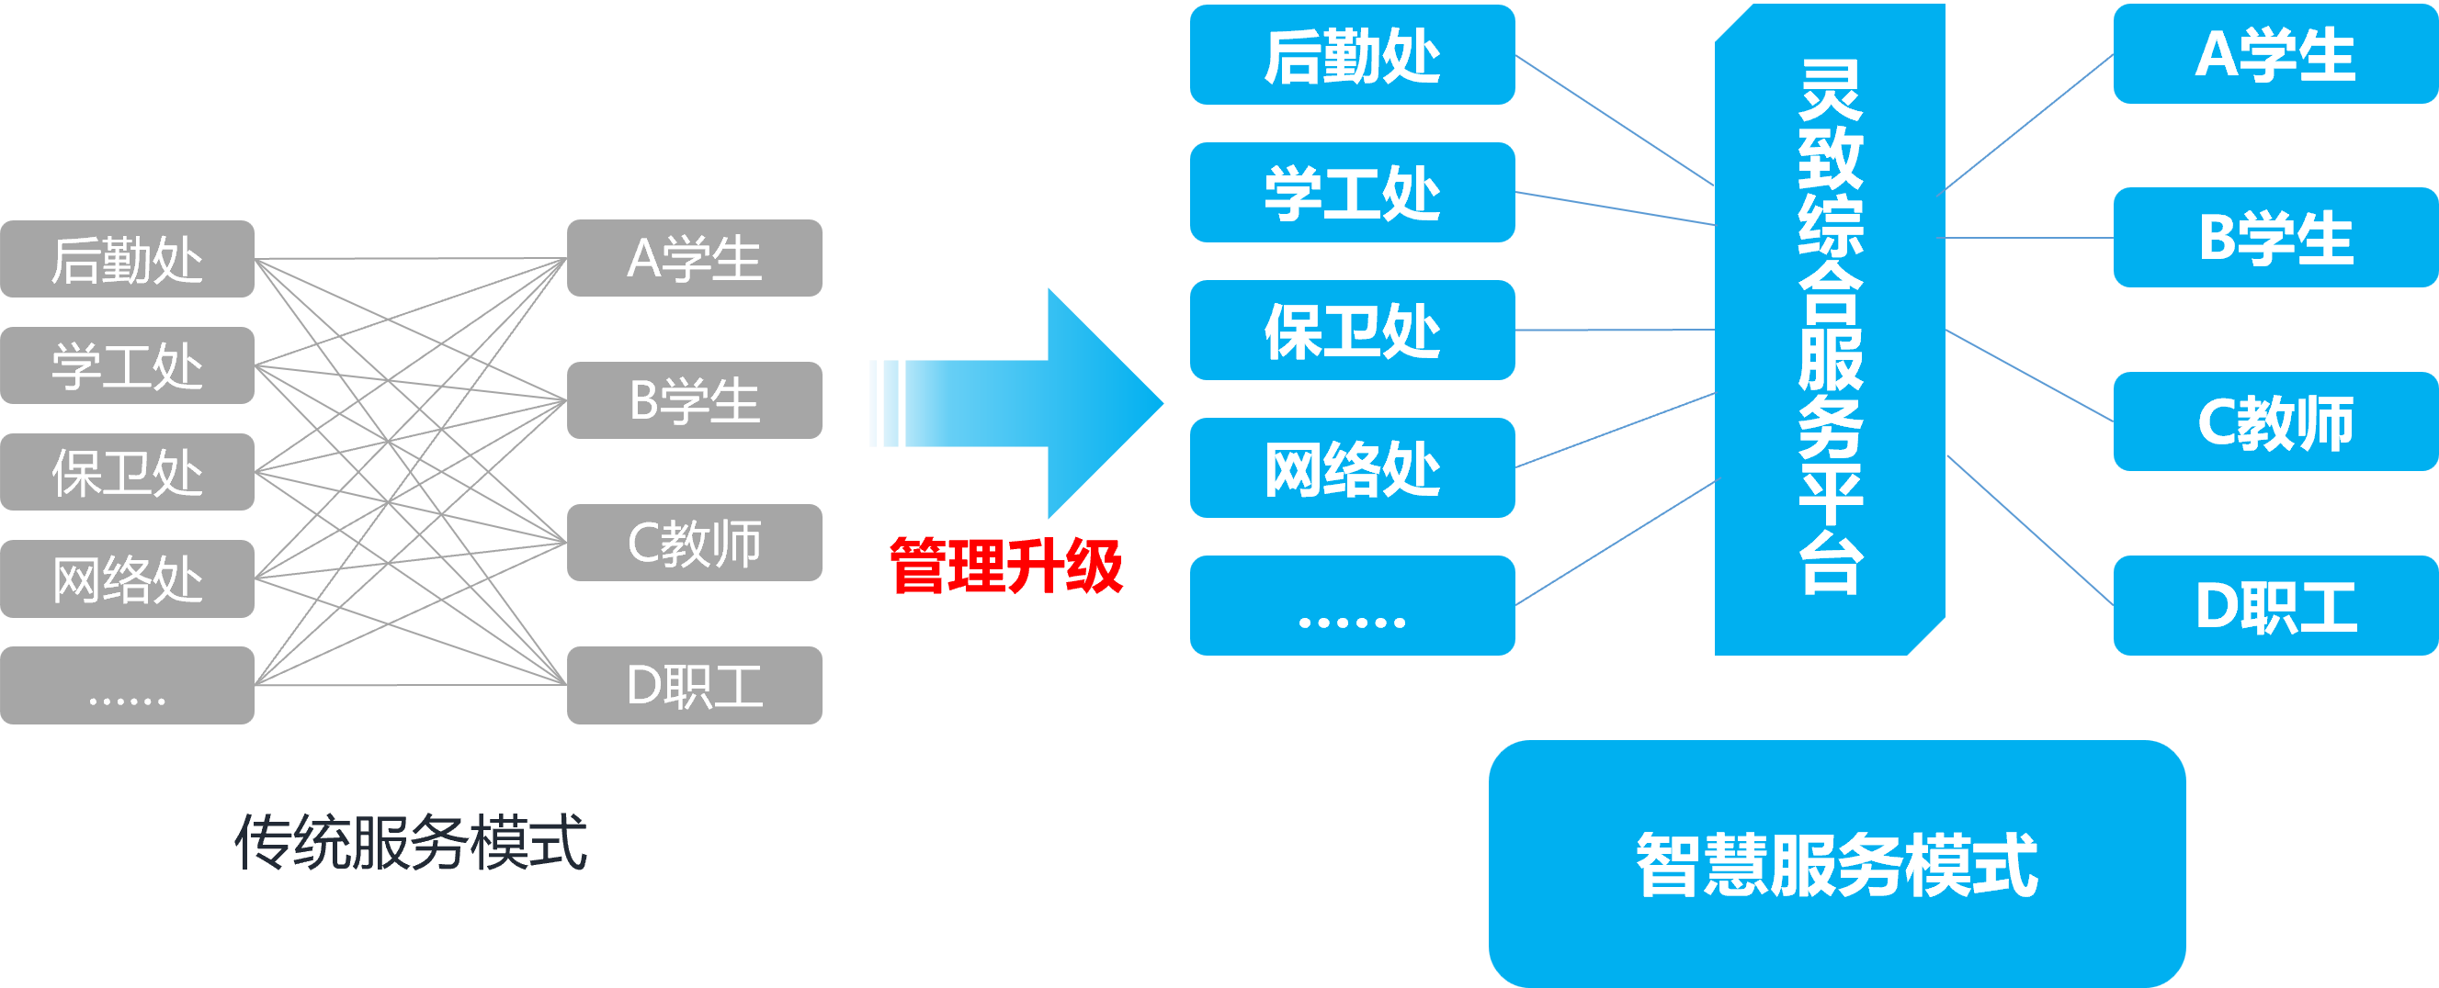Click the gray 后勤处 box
(127, 258)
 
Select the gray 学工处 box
(127, 365)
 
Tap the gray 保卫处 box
(127, 471)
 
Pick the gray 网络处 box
(127, 578)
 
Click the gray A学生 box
(694, 257)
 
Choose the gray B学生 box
(694, 399)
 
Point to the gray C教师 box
(694, 543)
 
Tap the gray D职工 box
(694, 685)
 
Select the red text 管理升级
(1005, 566)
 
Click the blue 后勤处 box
(1351, 55)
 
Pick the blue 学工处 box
(1351, 192)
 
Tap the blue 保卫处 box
(1351, 331)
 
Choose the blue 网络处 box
(1351, 467)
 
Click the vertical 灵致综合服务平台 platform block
(1829, 329)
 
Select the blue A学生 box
(2275, 54)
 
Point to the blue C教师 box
(2275, 421)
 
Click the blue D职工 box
(2275, 606)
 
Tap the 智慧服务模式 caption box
(1836, 863)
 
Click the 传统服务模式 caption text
(410, 841)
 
